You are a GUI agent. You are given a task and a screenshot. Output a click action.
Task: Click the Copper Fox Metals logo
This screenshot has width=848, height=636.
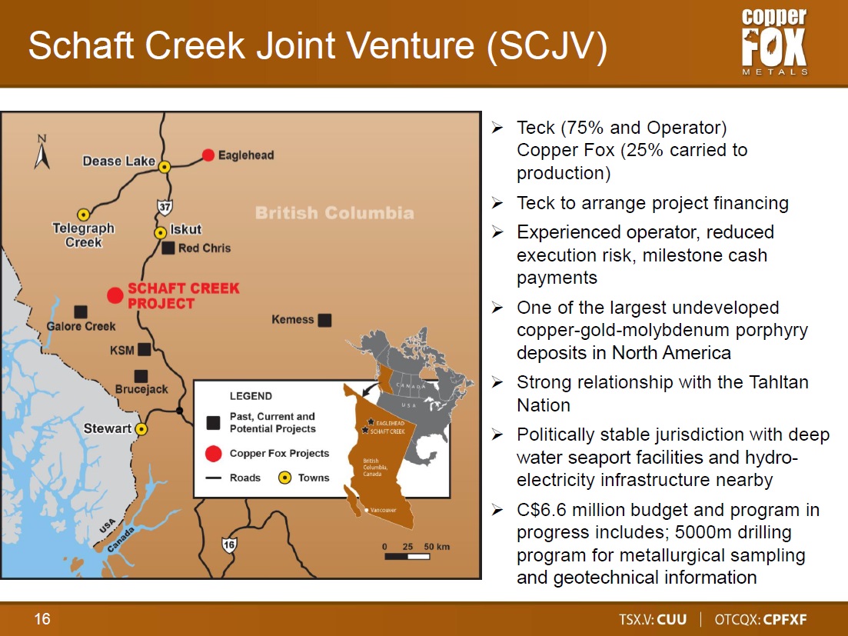click(774, 42)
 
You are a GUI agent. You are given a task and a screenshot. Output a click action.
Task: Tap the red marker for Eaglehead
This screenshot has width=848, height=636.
click(208, 155)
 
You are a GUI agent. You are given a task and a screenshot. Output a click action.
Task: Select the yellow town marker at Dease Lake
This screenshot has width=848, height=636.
click(165, 167)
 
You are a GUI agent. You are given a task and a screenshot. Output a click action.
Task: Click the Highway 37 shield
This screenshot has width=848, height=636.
click(165, 207)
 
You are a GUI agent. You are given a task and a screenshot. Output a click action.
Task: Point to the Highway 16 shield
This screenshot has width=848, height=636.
click(229, 544)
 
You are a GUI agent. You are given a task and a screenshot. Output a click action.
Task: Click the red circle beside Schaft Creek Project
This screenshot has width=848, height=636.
click(115, 295)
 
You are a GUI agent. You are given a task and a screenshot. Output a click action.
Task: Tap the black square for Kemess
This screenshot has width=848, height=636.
click(324, 320)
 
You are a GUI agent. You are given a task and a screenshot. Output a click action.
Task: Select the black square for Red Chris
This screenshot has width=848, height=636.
click(168, 248)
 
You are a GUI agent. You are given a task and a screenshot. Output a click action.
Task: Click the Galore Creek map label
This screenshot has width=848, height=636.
click(81, 326)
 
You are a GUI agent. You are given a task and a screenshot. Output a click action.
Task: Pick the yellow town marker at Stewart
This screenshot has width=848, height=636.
click(141, 429)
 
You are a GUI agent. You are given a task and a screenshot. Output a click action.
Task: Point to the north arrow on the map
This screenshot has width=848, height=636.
click(42, 152)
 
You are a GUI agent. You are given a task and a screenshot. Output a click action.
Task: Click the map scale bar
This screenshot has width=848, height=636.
click(407, 556)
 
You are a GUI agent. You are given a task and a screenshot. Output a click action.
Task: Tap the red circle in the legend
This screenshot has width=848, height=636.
click(214, 454)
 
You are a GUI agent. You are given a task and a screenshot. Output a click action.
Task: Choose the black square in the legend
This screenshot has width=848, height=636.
click(213, 423)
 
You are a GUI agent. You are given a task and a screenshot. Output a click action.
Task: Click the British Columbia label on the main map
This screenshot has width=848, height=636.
click(334, 212)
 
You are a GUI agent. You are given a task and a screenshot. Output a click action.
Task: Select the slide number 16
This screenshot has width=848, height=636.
click(42, 618)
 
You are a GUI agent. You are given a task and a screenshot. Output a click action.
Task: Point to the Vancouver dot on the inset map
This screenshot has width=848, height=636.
click(367, 510)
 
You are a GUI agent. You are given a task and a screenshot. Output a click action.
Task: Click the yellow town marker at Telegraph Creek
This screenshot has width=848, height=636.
click(83, 215)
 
